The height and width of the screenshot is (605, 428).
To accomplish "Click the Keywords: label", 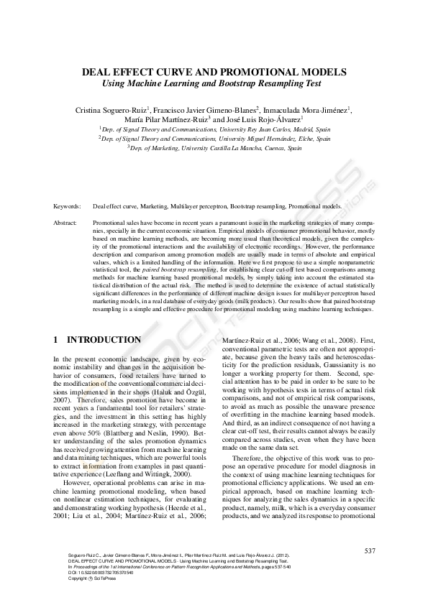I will [x=68, y=206].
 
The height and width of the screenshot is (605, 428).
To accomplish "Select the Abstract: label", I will [x=65, y=223].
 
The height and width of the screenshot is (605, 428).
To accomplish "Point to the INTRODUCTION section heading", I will [x=104, y=339].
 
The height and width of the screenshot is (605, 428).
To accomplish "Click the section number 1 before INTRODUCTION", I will [x=57, y=339].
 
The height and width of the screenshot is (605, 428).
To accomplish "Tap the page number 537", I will [x=370, y=550].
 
